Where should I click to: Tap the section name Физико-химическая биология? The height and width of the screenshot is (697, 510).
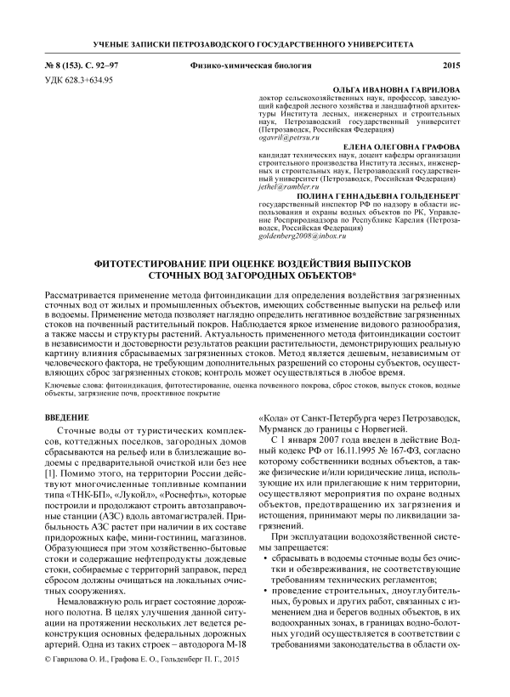coord(246,65)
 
